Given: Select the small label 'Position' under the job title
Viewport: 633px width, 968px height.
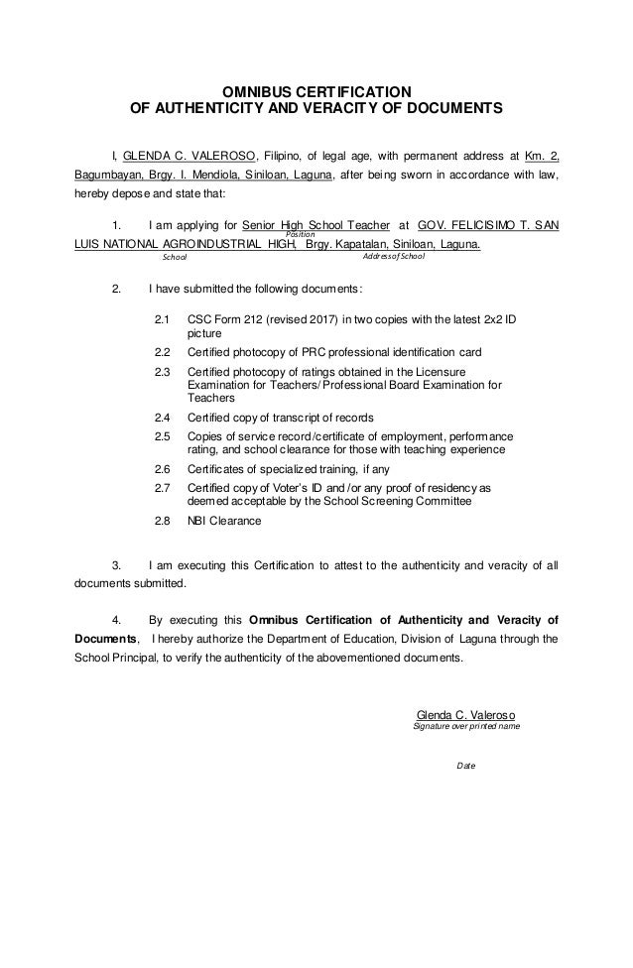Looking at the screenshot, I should [x=300, y=234].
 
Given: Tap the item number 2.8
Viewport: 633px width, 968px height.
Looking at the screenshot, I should [x=164, y=520].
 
